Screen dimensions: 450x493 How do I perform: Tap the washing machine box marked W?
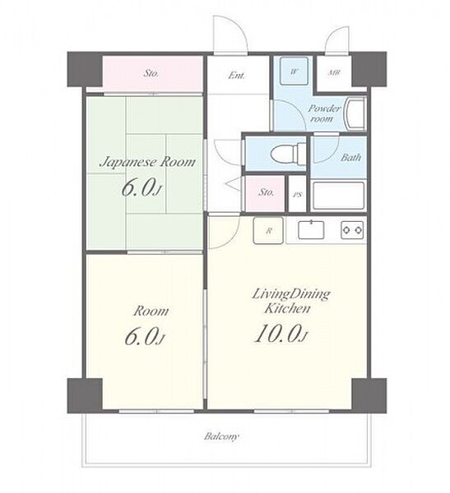pos(294,71)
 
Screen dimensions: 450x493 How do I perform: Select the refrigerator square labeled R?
pos(268,230)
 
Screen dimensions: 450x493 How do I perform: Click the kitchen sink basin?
pos(311,230)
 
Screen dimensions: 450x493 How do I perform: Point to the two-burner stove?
pos(352,230)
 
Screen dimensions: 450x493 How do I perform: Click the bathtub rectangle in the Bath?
pos(338,196)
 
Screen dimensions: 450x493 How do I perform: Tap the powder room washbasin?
pos(356,113)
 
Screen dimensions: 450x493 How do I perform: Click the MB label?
pos(334,72)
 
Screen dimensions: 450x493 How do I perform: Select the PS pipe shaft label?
pos(297,195)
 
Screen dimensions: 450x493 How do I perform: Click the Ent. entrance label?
pos(237,76)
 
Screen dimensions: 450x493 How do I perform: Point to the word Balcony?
pos(221,436)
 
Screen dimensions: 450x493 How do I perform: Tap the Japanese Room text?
pos(147,162)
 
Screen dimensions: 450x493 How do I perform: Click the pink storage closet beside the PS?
pos(265,193)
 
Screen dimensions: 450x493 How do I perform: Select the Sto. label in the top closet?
pos(151,74)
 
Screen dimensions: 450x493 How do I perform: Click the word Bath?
pos(350,157)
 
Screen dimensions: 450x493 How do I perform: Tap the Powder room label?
pos(324,113)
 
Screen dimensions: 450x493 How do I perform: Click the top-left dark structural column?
pos(85,69)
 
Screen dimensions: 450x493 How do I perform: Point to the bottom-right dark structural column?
pos(369,395)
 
